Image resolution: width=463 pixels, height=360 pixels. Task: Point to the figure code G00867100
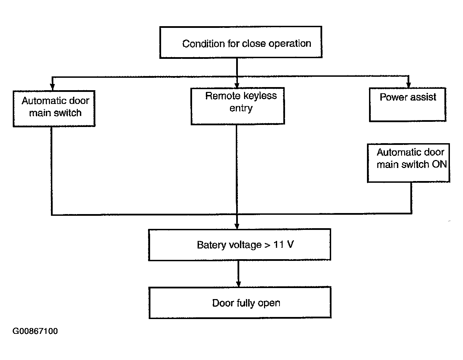point(35,331)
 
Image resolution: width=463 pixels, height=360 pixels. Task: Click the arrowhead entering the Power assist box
point(409,85)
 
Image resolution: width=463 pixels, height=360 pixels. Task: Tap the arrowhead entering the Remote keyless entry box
point(237,85)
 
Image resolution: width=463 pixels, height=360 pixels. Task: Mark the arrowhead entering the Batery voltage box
point(237,226)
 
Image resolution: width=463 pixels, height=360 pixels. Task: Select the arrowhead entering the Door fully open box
point(239,284)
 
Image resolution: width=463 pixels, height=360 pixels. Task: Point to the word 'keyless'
point(260,96)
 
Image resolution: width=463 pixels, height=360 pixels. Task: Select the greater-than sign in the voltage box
point(267,245)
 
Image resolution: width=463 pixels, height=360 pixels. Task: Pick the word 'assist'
point(423,97)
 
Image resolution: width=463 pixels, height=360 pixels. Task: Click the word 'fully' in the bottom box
point(246,303)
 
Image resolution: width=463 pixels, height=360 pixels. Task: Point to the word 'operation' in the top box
point(290,44)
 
